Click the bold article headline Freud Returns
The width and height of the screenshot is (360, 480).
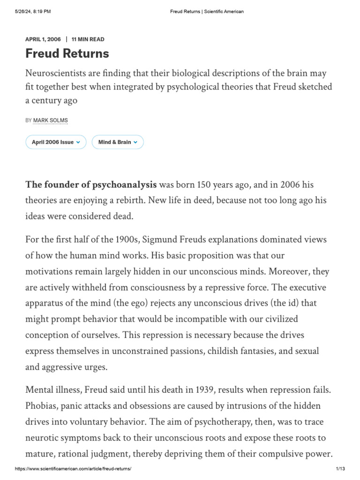(x=67, y=54)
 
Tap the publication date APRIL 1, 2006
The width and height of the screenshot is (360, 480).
(x=43, y=39)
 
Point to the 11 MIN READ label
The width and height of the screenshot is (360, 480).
(x=88, y=39)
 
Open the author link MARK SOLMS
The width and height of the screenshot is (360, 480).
(x=50, y=120)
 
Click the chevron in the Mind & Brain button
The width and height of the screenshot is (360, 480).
(x=135, y=142)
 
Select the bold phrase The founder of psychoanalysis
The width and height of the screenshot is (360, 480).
(x=91, y=184)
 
